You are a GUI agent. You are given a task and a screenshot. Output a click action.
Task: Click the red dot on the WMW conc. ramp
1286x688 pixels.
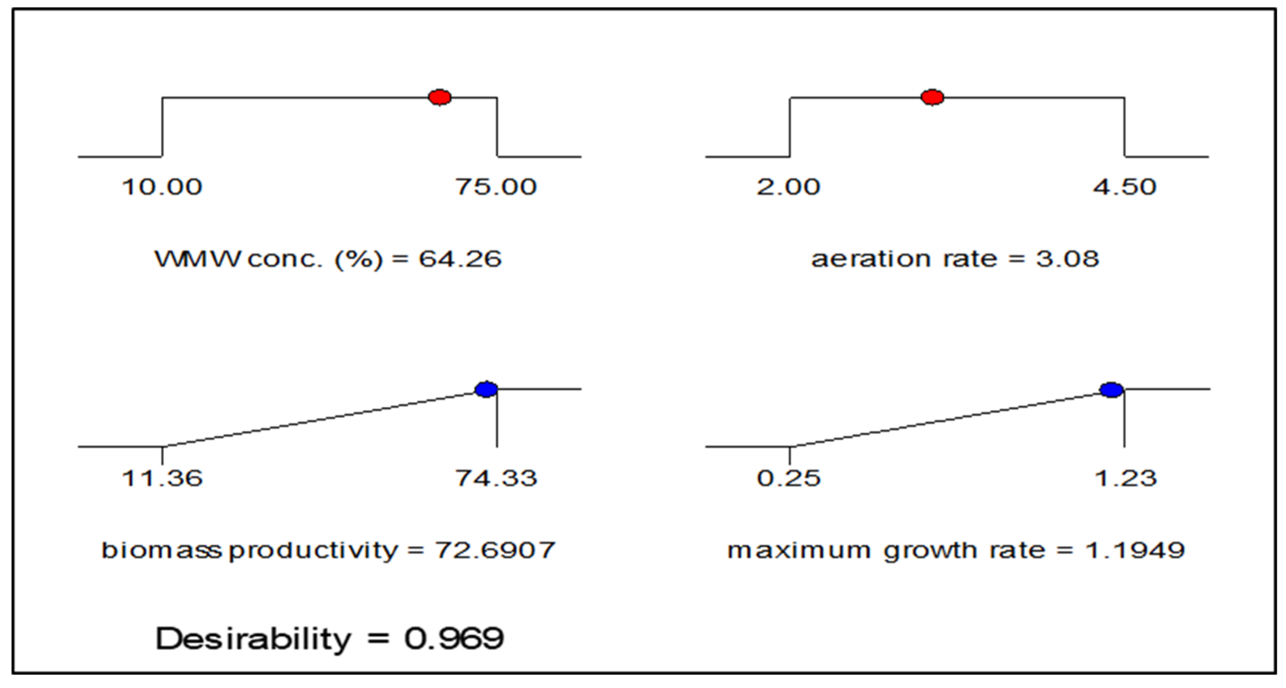(x=440, y=97)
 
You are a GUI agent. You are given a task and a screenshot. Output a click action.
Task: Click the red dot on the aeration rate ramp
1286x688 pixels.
(x=932, y=97)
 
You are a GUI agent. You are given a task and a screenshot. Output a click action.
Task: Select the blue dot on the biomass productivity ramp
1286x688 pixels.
(x=486, y=389)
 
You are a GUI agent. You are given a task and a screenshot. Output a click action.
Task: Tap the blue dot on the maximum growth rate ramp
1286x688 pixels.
(x=1112, y=390)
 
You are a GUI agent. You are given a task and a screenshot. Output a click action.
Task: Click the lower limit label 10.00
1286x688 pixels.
(x=162, y=187)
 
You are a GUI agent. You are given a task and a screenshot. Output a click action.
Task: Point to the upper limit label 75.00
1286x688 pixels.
(x=496, y=187)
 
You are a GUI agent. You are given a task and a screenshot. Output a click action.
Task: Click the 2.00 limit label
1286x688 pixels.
(x=788, y=187)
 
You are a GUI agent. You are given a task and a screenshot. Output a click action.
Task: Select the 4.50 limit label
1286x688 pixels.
(x=1124, y=187)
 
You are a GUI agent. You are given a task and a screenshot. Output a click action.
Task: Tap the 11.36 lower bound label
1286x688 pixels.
(x=162, y=479)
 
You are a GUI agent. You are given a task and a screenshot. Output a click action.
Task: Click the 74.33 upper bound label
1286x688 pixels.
(x=496, y=479)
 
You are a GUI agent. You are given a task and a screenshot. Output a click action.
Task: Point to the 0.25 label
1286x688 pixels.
(x=788, y=479)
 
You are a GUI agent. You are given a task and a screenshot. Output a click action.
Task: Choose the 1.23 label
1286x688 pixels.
(x=1125, y=479)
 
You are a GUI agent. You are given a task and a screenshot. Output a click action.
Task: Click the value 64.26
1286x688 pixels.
(x=460, y=259)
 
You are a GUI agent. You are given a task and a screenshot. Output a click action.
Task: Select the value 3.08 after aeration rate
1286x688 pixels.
(x=1067, y=259)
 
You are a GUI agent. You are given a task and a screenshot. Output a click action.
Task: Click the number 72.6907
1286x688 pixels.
(x=495, y=550)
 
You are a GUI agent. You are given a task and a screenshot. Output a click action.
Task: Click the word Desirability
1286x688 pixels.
(x=253, y=639)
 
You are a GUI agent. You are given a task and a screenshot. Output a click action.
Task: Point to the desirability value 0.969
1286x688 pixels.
(x=454, y=639)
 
